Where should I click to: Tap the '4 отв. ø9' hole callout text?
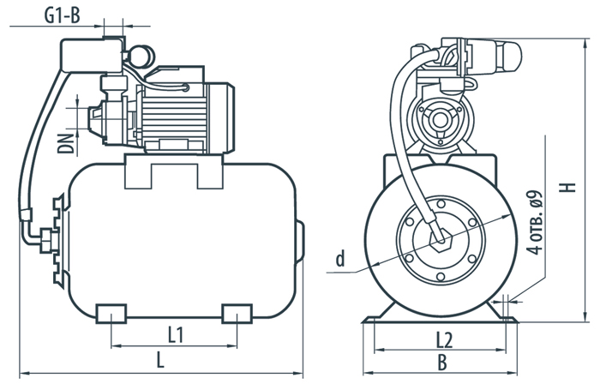536,221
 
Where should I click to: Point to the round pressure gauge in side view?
141,57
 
